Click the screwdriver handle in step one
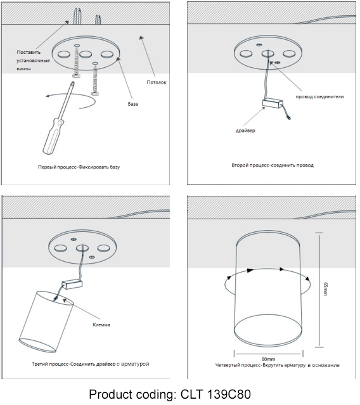[x=53, y=136]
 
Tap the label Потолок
[x=157, y=82]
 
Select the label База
[x=132, y=104]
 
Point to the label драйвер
[x=245, y=131]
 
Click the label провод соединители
[x=319, y=97]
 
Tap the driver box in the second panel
[x=273, y=103]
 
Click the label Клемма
[x=101, y=325]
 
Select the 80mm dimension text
[x=268, y=359]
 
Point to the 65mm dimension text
[x=325, y=289]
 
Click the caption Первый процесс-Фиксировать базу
[x=79, y=167]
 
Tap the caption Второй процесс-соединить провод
[x=273, y=165]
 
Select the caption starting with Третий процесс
[x=91, y=364]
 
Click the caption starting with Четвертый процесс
[x=278, y=365]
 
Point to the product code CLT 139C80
[x=215, y=394]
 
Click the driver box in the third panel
[x=72, y=285]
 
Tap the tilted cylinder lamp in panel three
[x=46, y=322]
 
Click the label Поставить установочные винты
[x=33, y=60]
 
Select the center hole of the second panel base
[x=268, y=54]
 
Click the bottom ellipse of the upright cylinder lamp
[x=268, y=330]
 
